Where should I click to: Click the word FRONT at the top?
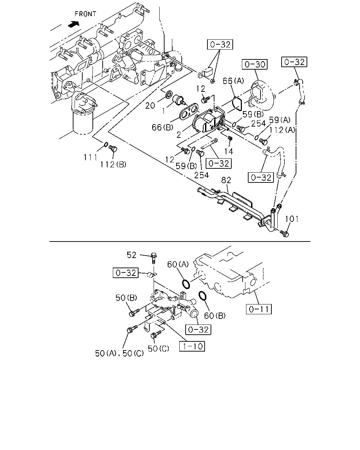pyautogui.click(x=85, y=14)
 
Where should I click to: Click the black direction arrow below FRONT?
pyautogui.click(x=74, y=24)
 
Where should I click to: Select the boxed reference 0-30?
pyautogui.click(x=255, y=64)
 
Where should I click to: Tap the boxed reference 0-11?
pyautogui.click(x=259, y=309)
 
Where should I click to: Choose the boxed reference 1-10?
pyautogui.click(x=192, y=346)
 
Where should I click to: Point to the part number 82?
pyautogui.click(x=226, y=180)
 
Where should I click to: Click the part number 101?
pyautogui.click(x=292, y=219)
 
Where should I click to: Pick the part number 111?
pyautogui.click(x=91, y=157)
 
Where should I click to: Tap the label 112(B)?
pyautogui.click(x=113, y=165)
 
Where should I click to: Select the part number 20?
pyautogui.click(x=150, y=105)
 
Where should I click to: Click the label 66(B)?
pyautogui.click(x=162, y=127)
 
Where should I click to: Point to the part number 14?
pyautogui.click(x=229, y=152)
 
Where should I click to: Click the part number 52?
pyautogui.click(x=131, y=255)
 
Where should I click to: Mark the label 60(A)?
pyautogui.click(x=178, y=264)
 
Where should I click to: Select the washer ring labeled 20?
pyautogui.click(x=169, y=94)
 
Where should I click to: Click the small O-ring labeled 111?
pyautogui.click(x=106, y=144)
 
